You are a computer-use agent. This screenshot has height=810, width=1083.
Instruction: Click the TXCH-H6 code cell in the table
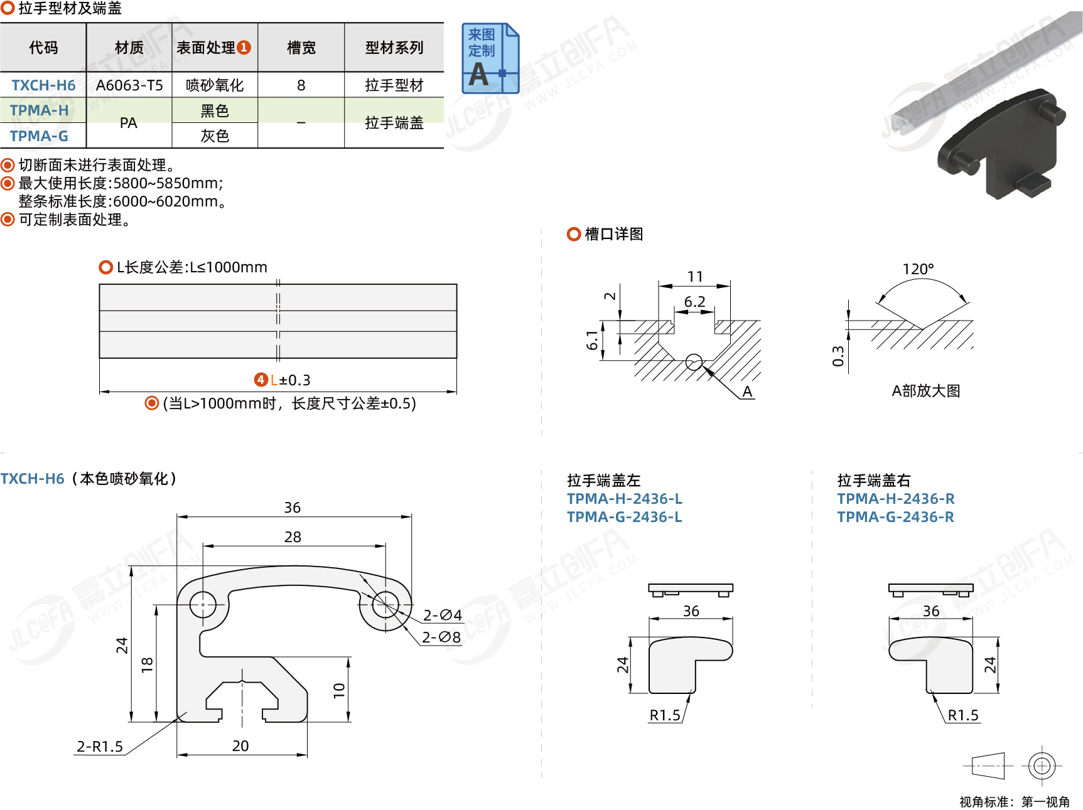(43, 85)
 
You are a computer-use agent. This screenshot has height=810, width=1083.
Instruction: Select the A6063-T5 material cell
(129, 85)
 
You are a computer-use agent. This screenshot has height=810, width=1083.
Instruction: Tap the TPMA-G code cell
(39, 136)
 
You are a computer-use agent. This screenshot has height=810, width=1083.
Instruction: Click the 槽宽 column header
(301, 48)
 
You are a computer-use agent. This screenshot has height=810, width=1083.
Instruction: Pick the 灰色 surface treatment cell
(215, 136)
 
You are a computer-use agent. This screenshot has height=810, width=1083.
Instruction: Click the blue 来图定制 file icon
(490, 59)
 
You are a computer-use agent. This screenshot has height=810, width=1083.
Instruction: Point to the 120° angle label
(918, 269)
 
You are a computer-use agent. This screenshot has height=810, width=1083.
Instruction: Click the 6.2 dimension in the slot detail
(694, 302)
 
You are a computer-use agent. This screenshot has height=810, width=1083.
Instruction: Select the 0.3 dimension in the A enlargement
(838, 356)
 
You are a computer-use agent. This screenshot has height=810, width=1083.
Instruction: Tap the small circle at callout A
(694, 363)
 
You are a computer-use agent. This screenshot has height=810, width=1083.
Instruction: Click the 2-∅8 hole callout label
(441, 637)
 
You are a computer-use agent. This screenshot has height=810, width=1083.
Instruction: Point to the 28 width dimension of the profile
(293, 537)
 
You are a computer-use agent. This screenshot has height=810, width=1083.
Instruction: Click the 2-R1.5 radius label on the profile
(100, 747)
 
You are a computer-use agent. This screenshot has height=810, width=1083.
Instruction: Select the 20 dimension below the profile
(240, 746)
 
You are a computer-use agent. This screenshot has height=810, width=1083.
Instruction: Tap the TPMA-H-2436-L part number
(624, 499)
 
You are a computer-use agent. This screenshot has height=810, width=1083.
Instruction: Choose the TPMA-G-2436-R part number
(895, 517)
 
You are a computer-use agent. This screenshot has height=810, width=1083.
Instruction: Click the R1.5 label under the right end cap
(963, 715)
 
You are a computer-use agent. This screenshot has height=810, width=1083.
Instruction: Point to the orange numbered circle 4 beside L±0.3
(261, 380)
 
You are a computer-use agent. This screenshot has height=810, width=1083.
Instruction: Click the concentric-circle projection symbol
(1042, 765)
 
